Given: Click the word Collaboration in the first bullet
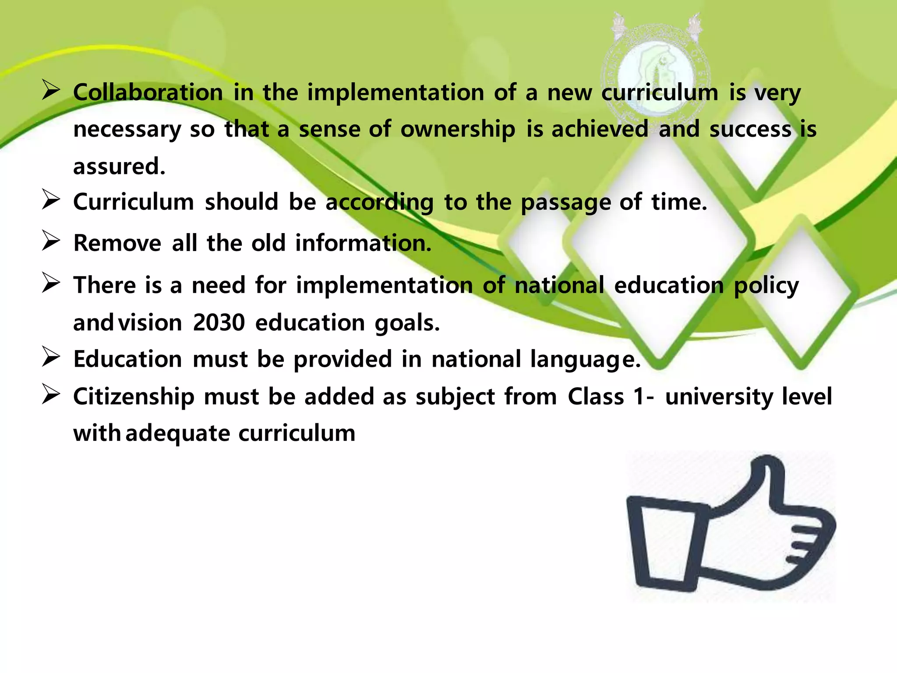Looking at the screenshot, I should coord(148,93).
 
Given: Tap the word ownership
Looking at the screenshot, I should coord(458,130).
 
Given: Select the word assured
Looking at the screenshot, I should coord(119,167).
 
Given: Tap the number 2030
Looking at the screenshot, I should coord(219,323).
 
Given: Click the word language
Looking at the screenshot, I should coord(585,361).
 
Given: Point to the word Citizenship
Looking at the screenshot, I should coord(134,397).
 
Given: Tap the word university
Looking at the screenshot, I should coord(718,397).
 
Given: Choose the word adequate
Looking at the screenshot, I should coord(178,434).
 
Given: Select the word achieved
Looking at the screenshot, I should coord(600,130).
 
